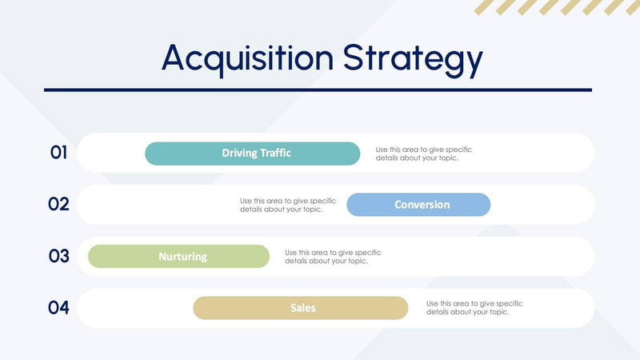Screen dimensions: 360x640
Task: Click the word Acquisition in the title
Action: (x=248, y=58)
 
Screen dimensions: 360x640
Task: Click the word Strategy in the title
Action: (x=413, y=59)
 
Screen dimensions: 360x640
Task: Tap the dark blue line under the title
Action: (x=318, y=90)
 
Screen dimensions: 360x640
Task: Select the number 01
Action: (x=58, y=153)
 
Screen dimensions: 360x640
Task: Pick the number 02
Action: (x=58, y=204)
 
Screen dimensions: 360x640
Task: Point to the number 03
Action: (x=58, y=256)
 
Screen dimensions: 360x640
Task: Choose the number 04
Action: (x=58, y=308)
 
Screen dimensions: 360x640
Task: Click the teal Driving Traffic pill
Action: (x=252, y=154)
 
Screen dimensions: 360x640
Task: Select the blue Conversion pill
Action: (x=418, y=205)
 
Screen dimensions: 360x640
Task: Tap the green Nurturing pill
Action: (x=178, y=257)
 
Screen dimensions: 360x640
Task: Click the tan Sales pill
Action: (x=300, y=308)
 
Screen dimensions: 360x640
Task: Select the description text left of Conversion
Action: (x=287, y=205)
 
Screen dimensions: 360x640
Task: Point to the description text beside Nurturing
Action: (x=333, y=257)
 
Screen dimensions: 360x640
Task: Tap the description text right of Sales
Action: (x=474, y=308)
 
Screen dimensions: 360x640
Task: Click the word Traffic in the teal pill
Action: (x=275, y=154)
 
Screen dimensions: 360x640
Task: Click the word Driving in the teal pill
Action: (x=239, y=154)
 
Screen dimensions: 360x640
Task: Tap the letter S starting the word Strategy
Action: (x=355, y=58)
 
